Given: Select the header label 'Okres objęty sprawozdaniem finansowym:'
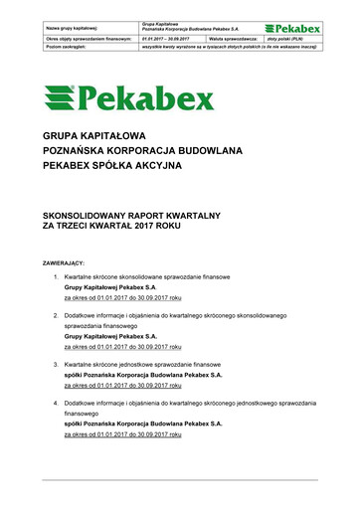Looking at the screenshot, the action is (83, 37).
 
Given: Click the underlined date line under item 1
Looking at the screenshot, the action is (121, 297).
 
